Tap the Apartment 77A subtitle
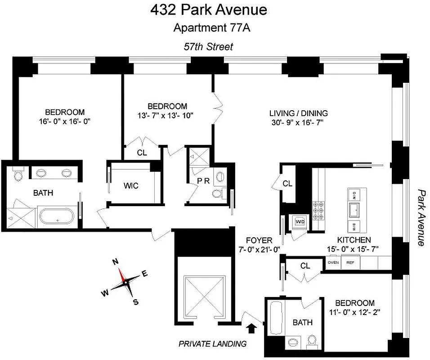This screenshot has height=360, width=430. tap(212, 28)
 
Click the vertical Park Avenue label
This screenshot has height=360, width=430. tap(421, 217)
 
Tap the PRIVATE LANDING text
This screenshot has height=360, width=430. tap(212, 344)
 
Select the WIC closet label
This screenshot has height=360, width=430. tap(131, 186)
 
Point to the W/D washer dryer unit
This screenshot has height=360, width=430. tap(299, 221)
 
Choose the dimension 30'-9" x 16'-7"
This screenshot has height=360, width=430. tap(298, 122)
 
